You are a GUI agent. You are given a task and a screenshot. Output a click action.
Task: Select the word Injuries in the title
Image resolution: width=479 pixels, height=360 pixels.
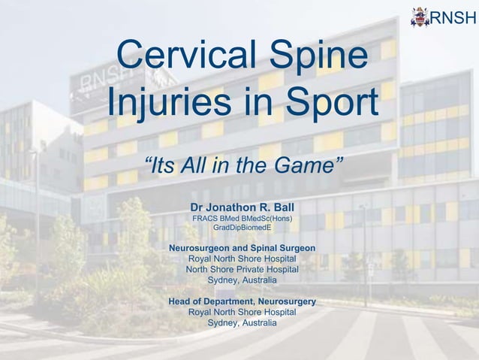175,104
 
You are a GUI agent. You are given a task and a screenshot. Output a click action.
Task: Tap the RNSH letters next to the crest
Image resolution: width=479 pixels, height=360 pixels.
453,16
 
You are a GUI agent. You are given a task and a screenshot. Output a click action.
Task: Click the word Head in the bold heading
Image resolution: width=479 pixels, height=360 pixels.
181,301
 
